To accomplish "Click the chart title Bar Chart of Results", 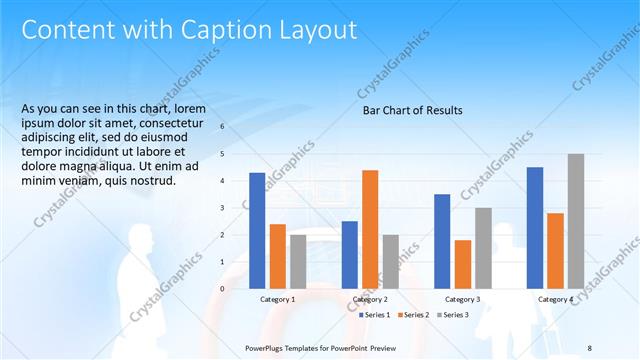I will coord(412,110).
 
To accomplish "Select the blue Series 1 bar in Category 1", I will coord(257,230).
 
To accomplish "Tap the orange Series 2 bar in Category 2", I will coord(370,229).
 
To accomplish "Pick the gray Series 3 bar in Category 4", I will coord(575,221).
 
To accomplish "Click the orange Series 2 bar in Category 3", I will coord(462,264).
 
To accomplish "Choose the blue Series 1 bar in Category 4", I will coord(535,227).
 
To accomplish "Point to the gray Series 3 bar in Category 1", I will coord(298,261).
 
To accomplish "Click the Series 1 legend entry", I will coord(373,315).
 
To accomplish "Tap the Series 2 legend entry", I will coord(414,315).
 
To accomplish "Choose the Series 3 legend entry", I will coord(454,315).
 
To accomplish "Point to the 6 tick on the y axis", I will coord(222,127).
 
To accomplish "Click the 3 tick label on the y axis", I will coord(222,208).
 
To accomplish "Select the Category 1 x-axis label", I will coord(277,299).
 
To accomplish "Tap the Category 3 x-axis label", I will coord(462,299).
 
